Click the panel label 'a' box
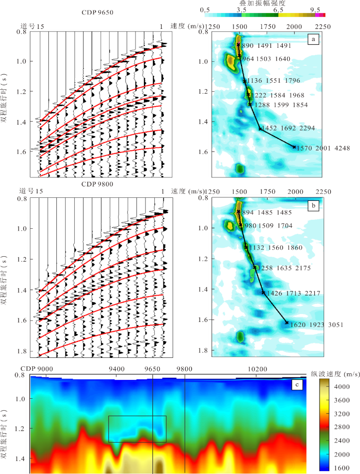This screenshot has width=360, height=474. tap(313, 39)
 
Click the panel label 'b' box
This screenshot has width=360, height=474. tap(313, 205)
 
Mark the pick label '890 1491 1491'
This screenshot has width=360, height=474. tap(266, 45)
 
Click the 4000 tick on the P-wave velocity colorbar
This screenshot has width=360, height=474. tap(343, 386)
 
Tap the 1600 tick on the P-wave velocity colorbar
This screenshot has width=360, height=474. tap(343, 467)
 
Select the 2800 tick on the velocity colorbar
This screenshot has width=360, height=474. tap(343, 427)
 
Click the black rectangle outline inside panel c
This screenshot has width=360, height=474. tap(137, 416)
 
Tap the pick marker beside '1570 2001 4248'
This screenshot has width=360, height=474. tap(294, 147)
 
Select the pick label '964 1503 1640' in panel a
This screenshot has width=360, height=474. tap(266, 59)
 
